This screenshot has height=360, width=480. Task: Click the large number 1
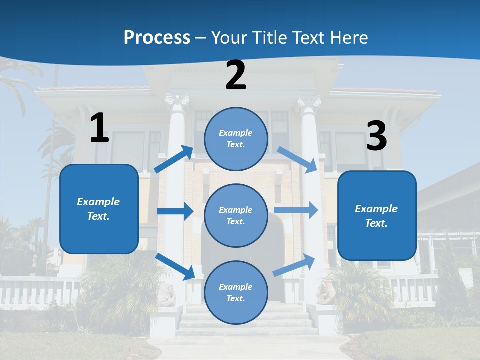click(99, 128)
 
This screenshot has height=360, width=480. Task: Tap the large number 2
click(236, 76)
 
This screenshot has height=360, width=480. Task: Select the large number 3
click(376, 136)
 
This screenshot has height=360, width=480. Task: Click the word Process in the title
click(157, 37)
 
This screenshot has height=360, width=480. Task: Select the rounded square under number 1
click(99, 209)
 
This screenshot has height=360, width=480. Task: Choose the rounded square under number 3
click(377, 216)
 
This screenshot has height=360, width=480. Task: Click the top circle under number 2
click(236, 139)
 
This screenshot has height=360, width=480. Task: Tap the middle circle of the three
click(236, 215)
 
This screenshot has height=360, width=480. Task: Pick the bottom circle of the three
click(236, 292)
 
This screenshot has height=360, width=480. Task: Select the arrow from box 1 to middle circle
click(175, 211)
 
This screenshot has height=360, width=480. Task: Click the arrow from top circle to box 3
click(297, 160)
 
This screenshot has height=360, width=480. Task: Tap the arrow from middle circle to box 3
click(296, 210)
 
